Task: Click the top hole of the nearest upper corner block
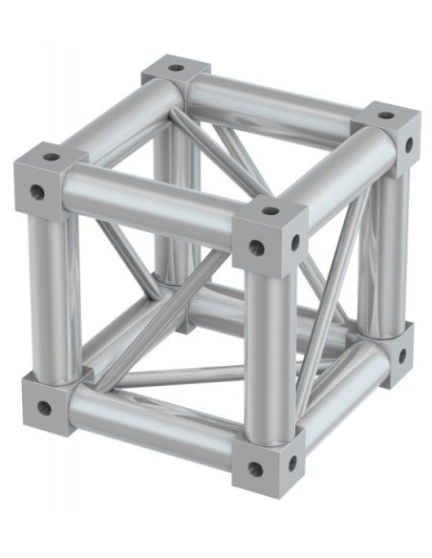[x=270, y=210]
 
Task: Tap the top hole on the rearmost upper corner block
[x=176, y=69]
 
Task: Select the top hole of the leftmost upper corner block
[x=51, y=156]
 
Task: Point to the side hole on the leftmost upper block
[x=37, y=193]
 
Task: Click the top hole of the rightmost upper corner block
[x=384, y=116]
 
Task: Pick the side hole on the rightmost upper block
[x=408, y=145]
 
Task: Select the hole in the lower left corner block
[x=44, y=408]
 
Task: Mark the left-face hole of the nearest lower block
[x=254, y=468]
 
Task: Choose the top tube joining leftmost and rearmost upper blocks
[x=115, y=115]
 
